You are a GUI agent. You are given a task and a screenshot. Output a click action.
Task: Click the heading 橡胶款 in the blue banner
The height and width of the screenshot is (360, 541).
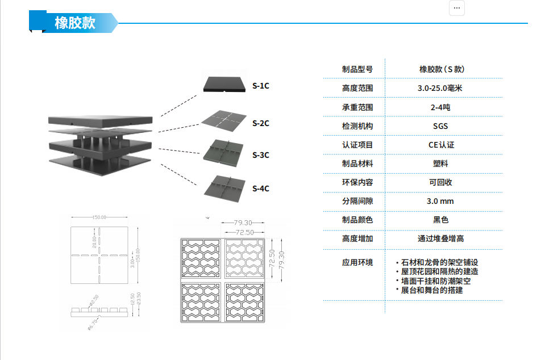pyautogui.click(x=75, y=23)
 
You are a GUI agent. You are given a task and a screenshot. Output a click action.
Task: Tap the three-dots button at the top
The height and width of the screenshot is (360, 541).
pyautogui.click(x=457, y=8)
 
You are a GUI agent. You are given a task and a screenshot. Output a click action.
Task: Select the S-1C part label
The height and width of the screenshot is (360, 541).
pyautogui.click(x=261, y=86)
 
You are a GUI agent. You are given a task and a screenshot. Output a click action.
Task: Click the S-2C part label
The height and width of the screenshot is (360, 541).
pyautogui.click(x=261, y=123)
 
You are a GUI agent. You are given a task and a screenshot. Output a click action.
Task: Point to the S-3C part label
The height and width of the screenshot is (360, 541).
pyautogui.click(x=261, y=155)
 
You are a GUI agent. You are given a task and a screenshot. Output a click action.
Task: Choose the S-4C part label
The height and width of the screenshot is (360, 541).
pyautogui.click(x=261, y=189)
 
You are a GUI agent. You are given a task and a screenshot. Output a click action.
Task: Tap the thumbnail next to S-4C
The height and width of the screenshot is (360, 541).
pyautogui.click(x=225, y=186)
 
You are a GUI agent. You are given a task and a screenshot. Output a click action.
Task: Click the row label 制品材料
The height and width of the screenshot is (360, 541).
pyautogui.click(x=357, y=164)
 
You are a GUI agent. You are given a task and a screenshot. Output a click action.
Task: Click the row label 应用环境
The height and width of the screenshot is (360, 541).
pyautogui.click(x=357, y=262)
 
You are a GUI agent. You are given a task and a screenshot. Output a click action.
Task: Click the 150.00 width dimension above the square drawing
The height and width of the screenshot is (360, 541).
pyautogui.click(x=100, y=217)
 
